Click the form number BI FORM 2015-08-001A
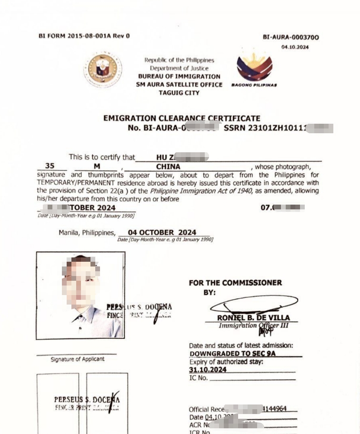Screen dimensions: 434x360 pos(84,36)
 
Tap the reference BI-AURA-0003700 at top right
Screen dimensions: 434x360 pos(290,38)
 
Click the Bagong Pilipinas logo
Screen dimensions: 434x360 pos(254,68)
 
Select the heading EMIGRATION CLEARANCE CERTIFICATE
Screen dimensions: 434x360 pos(181,118)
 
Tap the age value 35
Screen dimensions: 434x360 pos(50,167)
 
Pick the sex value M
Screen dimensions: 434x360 pos(97,167)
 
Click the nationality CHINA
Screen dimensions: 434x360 pos(168,167)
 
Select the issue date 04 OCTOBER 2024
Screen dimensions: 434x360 pos(162,233)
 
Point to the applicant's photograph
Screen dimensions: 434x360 pos(80,295)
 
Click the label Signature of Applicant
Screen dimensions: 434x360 pos(77,359)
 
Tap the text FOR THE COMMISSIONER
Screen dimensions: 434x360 pos(235,283)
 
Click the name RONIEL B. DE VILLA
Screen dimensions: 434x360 pos(253,317)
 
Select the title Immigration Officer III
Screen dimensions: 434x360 pos(253,326)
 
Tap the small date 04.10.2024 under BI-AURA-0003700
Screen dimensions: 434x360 pos(295,47)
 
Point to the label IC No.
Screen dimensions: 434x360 pos(199,378)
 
